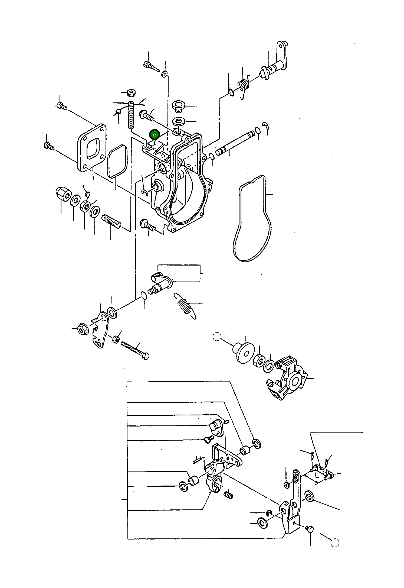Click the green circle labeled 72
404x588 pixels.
point(154,135)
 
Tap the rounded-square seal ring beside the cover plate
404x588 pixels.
point(117,161)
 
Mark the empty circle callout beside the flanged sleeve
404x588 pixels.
point(217,337)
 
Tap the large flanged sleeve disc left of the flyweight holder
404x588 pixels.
point(244,353)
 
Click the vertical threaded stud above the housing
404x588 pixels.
point(131,115)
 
